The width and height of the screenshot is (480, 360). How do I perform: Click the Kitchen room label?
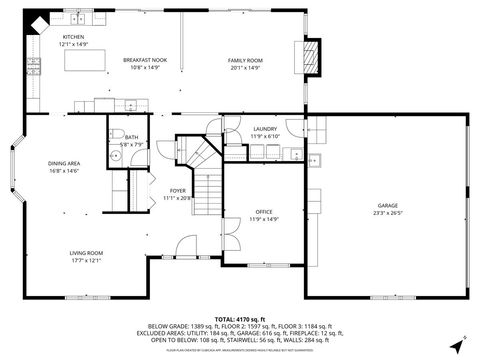coord(74,36)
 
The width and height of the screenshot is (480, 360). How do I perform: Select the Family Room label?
coord(244,61)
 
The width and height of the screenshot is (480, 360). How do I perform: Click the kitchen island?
coord(87,61)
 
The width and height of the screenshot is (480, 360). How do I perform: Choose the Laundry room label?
coord(264,129)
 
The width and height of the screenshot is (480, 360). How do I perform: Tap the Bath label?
coord(132,137)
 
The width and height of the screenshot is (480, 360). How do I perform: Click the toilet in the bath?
coord(117,136)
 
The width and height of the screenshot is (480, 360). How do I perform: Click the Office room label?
coord(264,212)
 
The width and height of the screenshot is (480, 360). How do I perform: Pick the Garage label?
coord(387,205)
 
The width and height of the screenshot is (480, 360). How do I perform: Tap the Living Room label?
coord(86,254)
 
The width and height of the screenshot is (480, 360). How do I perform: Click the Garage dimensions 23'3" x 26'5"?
coord(387,213)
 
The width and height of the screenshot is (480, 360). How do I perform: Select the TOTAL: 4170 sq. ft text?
coord(239,317)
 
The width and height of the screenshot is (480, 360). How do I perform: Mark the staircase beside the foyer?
coord(205,185)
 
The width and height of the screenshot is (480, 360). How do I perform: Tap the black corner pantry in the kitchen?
coord(36,21)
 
